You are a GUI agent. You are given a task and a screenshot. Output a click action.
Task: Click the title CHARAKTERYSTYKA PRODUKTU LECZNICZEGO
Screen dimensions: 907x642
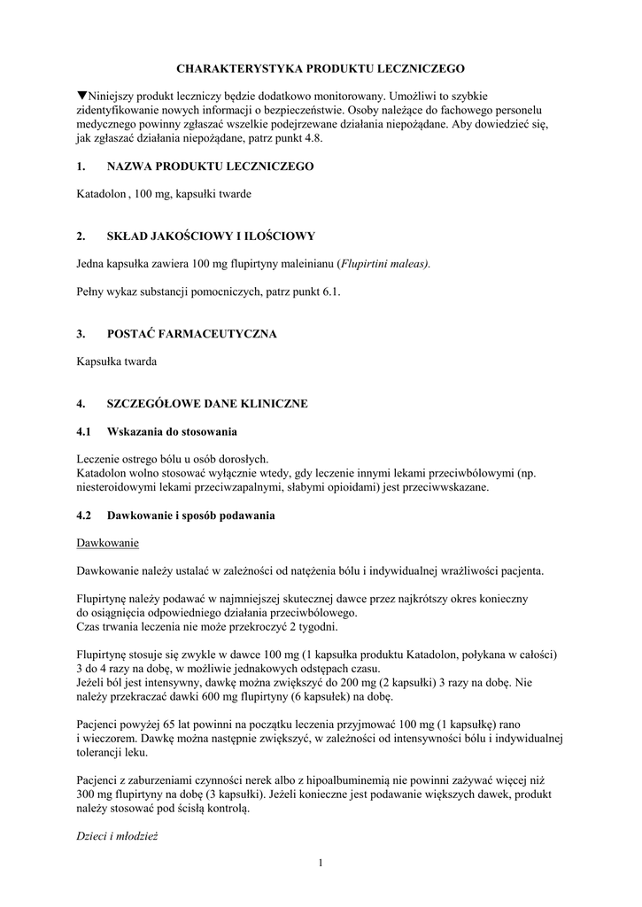(x=321, y=67)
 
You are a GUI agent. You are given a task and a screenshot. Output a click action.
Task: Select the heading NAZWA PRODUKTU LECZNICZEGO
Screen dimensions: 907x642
(x=210, y=166)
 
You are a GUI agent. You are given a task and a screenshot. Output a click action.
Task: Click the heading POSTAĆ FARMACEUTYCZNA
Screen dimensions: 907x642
(x=191, y=334)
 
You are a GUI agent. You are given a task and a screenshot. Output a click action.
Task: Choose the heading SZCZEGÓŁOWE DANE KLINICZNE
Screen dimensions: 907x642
(x=207, y=404)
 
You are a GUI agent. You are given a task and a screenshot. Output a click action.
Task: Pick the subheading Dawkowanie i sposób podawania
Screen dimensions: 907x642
(x=191, y=515)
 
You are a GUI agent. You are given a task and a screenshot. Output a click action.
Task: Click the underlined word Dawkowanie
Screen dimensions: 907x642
(x=108, y=542)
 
